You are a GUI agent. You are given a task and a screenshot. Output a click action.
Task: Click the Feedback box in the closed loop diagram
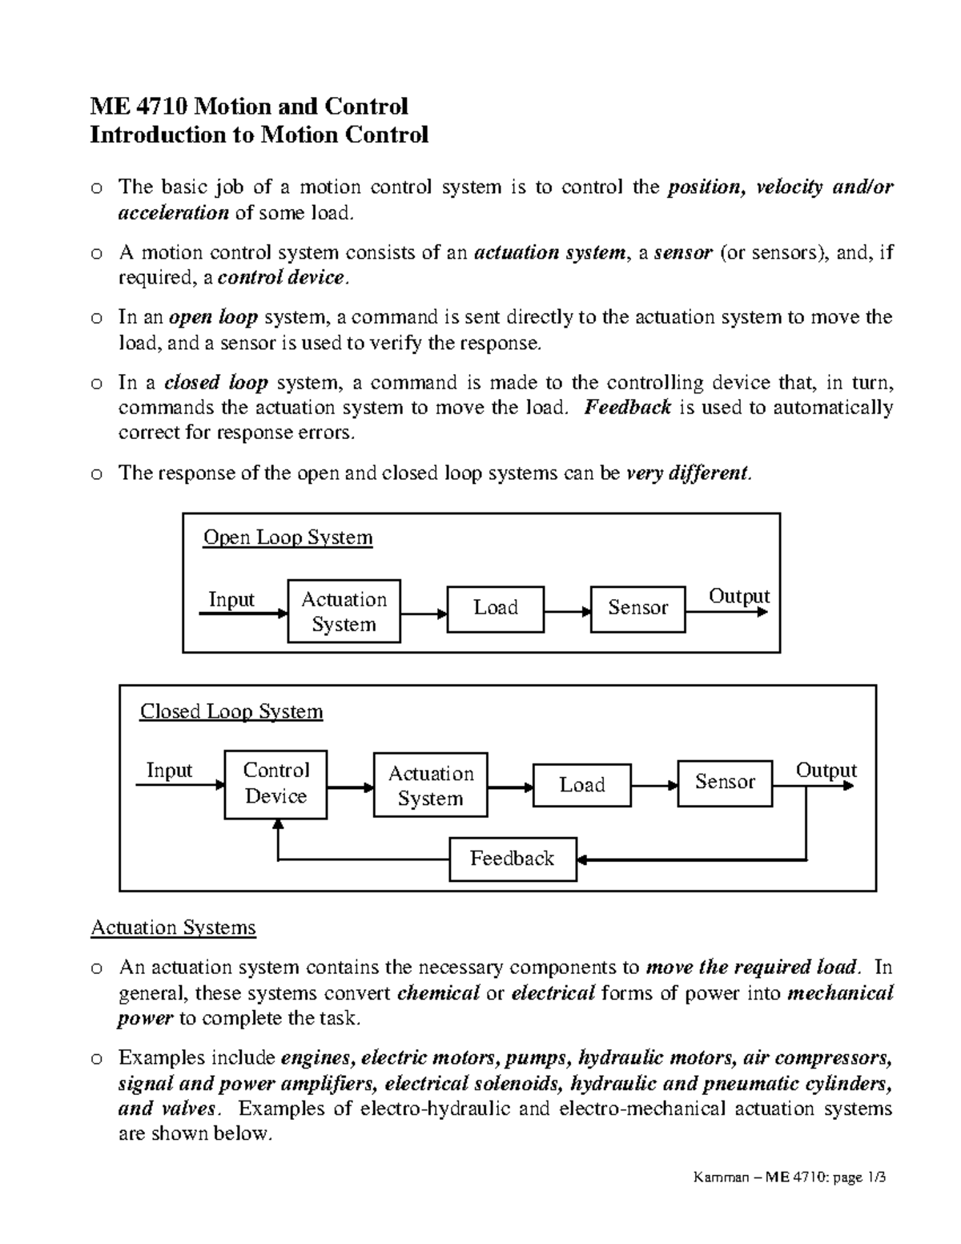click(x=513, y=859)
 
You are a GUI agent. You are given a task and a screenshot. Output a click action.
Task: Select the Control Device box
click(x=275, y=784)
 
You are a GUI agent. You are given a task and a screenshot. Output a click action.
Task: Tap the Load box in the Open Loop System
click(x=496, y=608)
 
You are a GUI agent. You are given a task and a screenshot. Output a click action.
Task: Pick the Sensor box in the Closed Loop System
click(x=725, y=782)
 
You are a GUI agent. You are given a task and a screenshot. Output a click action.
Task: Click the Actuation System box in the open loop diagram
click(x=344, y=612)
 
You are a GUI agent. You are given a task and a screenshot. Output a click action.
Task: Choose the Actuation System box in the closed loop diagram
click(x=430, y=785)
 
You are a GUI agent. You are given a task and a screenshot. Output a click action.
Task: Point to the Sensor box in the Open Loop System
click(x=637, y=608)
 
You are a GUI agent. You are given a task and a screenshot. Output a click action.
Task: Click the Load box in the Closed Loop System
click(x=581, y=785)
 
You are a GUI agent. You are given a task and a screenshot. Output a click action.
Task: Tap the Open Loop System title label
click(x=287, y=537)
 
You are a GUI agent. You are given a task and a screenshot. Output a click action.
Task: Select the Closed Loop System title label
click(x=231, y=712)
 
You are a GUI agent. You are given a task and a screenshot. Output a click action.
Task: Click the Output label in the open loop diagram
click(x=738, y=597)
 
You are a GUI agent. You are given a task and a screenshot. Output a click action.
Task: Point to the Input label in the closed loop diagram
click(x=169, y=771)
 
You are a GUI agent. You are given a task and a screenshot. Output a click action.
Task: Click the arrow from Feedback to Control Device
click(x=360, y=860)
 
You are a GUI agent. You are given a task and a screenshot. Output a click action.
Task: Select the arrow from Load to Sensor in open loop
click(x=567, y=613)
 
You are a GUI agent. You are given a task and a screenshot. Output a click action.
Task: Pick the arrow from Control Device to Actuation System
click(x=350, y=787)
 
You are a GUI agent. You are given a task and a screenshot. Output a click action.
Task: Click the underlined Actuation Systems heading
click(x=173, y=928)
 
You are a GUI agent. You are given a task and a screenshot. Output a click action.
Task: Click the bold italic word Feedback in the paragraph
click(x=627, y=408)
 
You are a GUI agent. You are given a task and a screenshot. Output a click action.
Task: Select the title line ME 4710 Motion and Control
click(x=249, y=106)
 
